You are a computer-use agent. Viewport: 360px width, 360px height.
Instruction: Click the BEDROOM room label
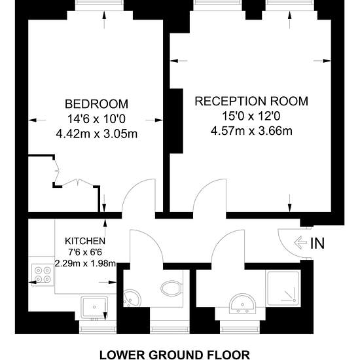coord(96,104)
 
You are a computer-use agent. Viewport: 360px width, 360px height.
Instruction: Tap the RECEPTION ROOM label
coord(251,101)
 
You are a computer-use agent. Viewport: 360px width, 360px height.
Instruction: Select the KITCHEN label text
coord(85,241)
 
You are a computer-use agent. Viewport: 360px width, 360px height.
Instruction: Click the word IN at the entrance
coord(317,243)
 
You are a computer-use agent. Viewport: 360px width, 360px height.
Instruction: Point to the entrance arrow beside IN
coord(300,243)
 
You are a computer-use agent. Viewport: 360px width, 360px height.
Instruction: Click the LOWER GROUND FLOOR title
coord(175,355)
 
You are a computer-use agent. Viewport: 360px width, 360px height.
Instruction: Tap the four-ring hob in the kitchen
coord(43,275)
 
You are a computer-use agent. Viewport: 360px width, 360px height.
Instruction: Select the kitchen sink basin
coord(94,307)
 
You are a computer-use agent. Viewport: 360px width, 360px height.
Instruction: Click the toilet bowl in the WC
coord(172,289)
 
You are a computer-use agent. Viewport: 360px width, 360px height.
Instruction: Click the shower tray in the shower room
coord(283,288)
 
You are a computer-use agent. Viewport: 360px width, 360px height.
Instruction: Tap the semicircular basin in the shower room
coord(242,303)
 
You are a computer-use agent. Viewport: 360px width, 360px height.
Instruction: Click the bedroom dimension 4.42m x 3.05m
coord(97,134)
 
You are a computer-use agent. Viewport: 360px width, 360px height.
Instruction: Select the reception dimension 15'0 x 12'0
coord(251,116)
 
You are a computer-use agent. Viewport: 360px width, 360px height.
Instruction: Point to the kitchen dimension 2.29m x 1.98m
coord(85,263)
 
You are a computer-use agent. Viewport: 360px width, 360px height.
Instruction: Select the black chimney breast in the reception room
coord(176,121)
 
